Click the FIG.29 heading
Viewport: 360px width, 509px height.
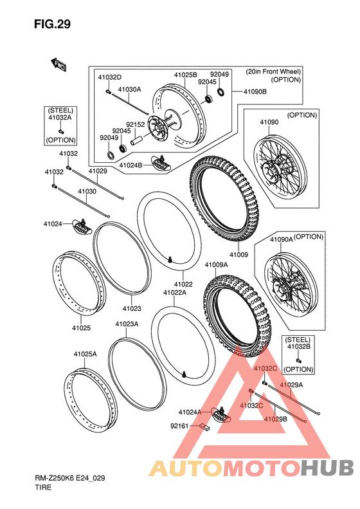coord(52,24)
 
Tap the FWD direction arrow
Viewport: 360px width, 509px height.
coord(59,64)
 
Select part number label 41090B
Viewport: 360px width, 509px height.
coord(255,92)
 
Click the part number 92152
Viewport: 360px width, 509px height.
coord(135,124)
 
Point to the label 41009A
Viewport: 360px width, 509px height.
coord(216,265)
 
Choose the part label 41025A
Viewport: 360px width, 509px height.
coord(85,354)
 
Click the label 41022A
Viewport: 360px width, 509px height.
coord(175,293)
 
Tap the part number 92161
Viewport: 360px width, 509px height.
coord(179,425)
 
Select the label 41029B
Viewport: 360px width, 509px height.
coord(275,419)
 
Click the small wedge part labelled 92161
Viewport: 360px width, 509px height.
coord(204,427)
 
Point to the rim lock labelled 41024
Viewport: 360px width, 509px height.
coord(82,227)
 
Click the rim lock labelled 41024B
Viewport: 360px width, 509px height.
coord(161,163)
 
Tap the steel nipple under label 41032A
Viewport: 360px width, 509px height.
coord(60,131)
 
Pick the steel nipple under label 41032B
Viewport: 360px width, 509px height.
coord(298,360)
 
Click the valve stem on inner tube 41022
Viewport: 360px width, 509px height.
coord(170,259)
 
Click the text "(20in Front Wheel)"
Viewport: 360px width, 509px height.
coord(273,71)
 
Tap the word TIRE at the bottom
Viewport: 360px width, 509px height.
coord(43,487)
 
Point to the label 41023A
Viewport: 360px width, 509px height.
coord(127,324)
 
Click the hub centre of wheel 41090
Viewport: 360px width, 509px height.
coord(269,170)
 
